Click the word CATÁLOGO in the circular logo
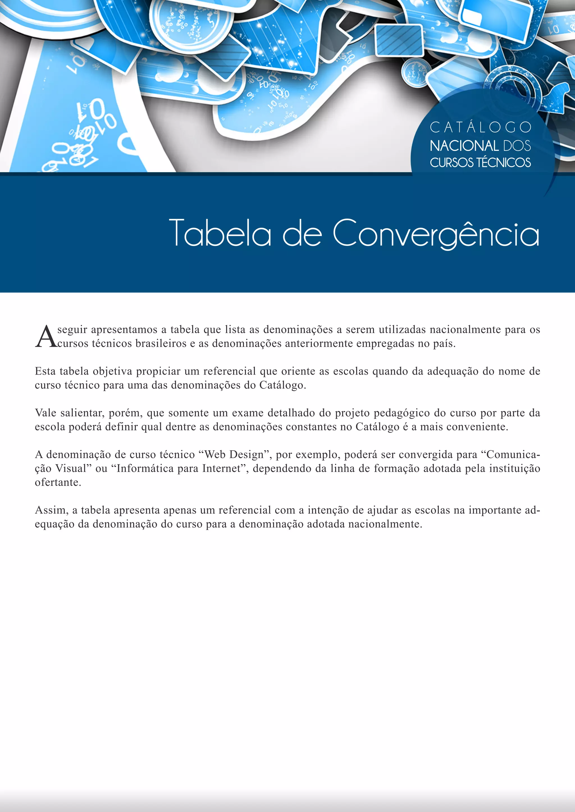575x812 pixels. pos(480,128)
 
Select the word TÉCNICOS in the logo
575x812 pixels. pos(503,162)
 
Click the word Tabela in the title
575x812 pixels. pos(220,233)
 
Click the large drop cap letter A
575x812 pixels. pos(46,337)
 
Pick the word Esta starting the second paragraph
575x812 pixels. pos(45,371)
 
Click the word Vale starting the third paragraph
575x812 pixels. pos(45,413)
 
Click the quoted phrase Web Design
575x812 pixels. pos(234,455)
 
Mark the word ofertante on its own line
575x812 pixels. pos(58,482)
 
